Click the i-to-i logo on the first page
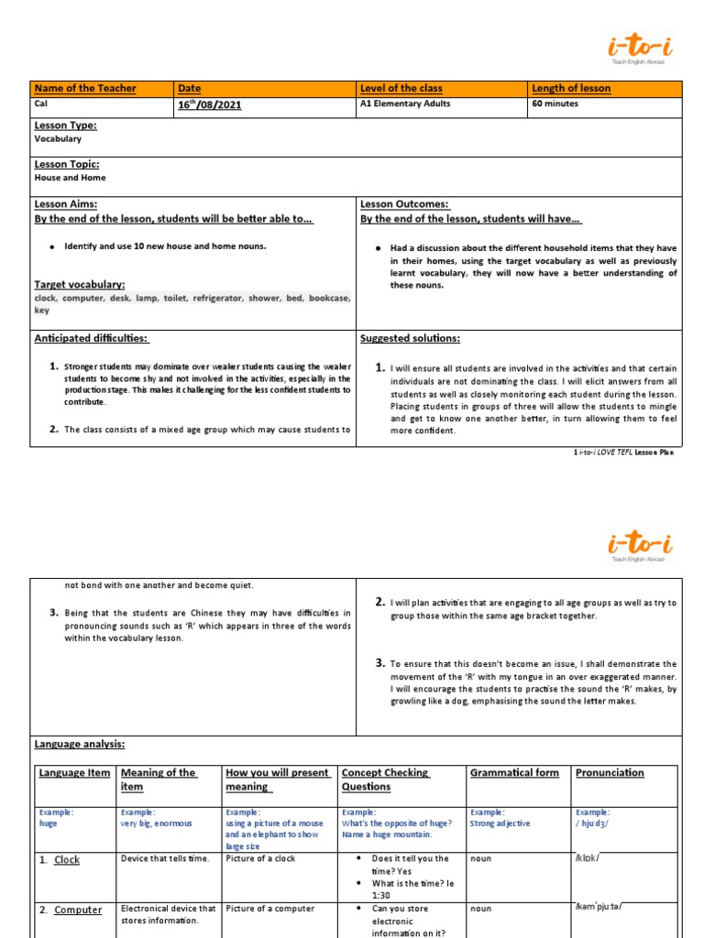coord(641,46)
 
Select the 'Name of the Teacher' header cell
coord(84,88)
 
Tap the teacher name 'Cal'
coord(40,104)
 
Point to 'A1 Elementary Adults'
coord(406,104)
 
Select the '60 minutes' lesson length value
coord(555,104)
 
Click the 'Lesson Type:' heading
coord(65,125)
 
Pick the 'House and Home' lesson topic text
coord(70,178)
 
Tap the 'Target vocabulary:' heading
coord(80,285)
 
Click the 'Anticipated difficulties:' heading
coord(91,338)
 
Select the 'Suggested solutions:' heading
coord(410,338)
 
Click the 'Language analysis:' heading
coord(80,745)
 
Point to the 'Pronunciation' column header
coord(610,773)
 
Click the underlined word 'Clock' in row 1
coord(67,860)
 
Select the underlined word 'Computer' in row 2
coord(77,910)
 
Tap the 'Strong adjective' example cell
coord(500,823)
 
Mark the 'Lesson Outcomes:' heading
coord(404,204)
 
